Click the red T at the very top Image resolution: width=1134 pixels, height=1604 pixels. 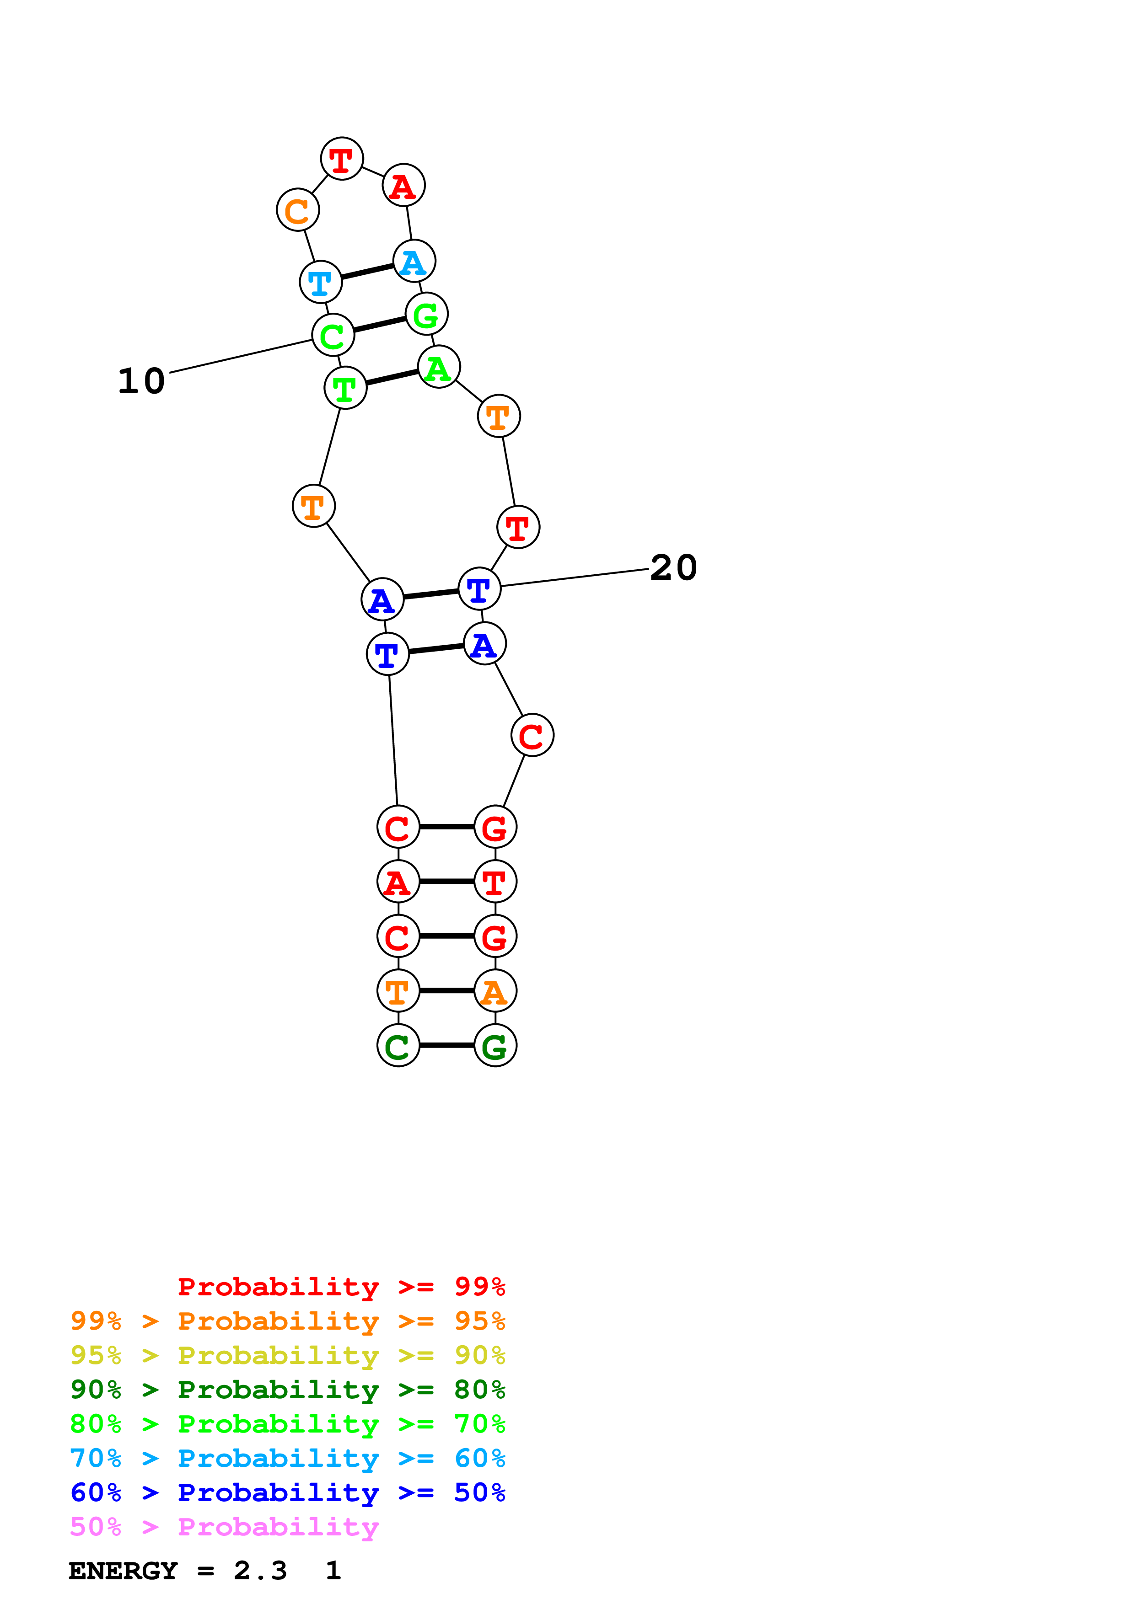(342, 159)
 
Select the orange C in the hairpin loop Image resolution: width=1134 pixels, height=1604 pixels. (298, 209)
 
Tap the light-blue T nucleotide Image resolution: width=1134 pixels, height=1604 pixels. (321, 282)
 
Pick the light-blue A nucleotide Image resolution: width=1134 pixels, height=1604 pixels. (414, 261)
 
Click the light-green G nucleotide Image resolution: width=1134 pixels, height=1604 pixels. (426, 315)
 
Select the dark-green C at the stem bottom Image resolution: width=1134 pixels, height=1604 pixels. (398, 1046)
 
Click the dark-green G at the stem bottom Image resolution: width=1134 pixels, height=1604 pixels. (495, 1046)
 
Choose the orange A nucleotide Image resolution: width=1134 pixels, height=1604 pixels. (495, 991)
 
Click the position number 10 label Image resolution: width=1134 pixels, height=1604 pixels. (141, 381)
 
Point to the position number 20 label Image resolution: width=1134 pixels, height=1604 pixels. (673, 567)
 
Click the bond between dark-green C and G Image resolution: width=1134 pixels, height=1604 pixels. (447, 1046)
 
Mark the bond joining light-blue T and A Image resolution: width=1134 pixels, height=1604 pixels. (367, 272)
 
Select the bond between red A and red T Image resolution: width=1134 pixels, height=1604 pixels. (447, 882)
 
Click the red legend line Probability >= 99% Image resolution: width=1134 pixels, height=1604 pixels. (342, 1287)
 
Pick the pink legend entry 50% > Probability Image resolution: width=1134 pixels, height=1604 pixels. (224, 1527)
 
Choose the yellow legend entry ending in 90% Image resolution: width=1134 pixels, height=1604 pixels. (288, 1355)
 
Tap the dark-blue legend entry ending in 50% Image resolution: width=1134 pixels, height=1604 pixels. (288, 1493)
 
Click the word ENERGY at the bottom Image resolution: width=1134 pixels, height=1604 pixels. (123, 1571)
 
